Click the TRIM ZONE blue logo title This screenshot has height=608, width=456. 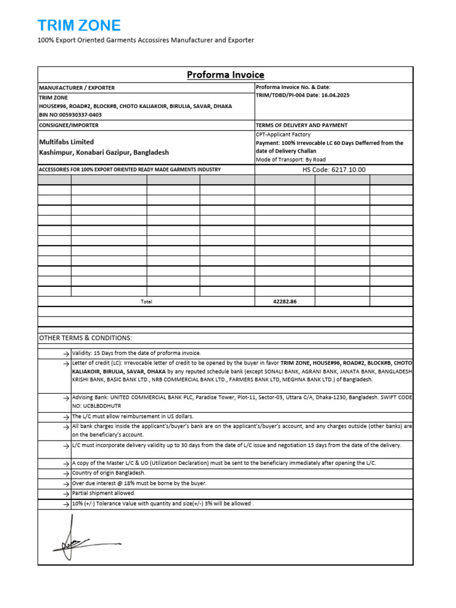coord(79,26)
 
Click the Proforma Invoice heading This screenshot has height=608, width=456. coord(226,75)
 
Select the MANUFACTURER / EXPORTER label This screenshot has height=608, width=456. coord(77,87)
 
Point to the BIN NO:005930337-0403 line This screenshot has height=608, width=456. coord(70,115)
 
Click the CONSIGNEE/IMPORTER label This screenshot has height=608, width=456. coord(69,125)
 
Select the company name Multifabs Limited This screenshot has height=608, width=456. coord(66,142)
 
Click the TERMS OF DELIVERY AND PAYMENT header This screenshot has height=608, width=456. coord(302,125)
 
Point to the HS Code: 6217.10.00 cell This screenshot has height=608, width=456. coord(334,170)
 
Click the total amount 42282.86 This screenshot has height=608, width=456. coord(284,302)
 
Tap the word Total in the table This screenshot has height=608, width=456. coord(146,302)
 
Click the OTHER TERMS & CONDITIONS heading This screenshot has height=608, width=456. coord(85,338)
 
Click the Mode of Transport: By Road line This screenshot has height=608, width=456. coord(292,160)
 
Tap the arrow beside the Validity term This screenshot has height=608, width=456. coord(65,353)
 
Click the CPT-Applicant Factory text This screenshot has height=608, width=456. coord(283,135)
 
